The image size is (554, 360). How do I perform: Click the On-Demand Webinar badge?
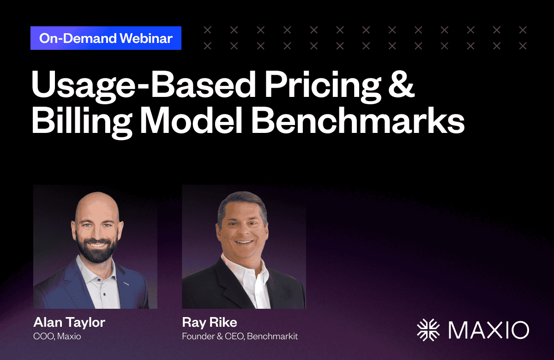106,38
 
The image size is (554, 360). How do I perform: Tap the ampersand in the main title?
401,84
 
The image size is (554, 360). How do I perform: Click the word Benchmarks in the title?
358,121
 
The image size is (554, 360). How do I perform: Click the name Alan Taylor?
69,323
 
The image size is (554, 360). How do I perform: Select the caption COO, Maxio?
57,336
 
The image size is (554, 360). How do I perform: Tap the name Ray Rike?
210,322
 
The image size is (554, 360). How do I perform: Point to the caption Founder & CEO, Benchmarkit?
240,336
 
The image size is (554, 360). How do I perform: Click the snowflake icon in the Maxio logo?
428,330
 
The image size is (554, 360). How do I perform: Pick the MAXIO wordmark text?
489,330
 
